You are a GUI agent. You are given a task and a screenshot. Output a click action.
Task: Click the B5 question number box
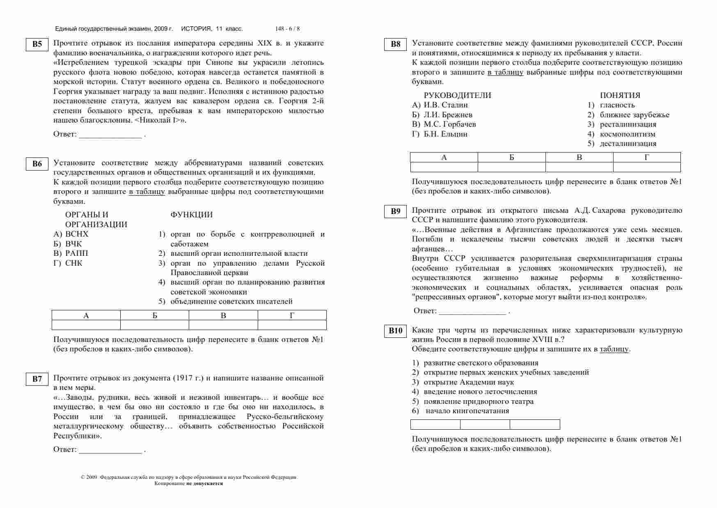37,44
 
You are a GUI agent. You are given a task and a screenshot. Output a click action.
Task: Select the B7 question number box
37,379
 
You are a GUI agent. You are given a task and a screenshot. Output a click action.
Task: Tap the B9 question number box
395,212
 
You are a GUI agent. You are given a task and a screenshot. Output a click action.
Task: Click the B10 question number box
395,331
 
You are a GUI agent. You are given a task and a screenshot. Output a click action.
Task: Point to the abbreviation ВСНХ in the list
77,234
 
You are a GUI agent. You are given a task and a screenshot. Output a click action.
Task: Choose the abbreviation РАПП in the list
76,253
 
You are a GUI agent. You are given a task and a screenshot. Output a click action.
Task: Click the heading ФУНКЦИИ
191,215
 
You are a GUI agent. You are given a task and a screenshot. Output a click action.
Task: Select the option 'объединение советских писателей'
231,301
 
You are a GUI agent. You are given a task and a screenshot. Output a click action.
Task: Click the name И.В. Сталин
446,105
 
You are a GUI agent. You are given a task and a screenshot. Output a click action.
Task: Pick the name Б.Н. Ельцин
445,134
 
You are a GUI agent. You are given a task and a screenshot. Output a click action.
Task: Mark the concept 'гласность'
617,105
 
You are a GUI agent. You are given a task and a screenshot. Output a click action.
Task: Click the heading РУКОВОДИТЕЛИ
457,96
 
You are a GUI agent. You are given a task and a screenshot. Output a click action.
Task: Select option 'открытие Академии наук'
469,382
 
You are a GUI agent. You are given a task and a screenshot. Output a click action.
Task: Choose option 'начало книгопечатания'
467,411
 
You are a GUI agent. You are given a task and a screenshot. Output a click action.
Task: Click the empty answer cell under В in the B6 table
223,325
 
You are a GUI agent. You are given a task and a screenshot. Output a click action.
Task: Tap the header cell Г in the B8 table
647,157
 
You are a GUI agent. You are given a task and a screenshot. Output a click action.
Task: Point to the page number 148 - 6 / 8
287,29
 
